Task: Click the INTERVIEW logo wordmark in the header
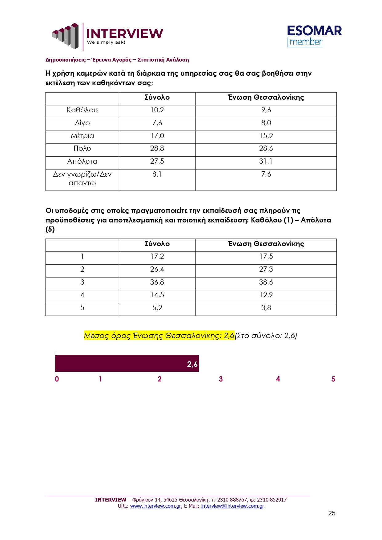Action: coord(124,34)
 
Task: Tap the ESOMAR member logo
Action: coord(314,36)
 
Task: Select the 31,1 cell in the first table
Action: coord(266,161)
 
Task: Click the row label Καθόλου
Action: coord(82,110)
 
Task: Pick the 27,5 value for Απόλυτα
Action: coord(157,161)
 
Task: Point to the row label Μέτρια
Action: coord(82,136)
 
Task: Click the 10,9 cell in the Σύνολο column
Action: coord(157,110)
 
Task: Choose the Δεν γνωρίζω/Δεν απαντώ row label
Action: coord(82,178)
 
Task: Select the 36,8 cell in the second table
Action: coord(157,282)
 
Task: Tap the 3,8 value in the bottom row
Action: coord(266,308)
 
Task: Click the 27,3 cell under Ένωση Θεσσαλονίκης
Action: coord(266,269)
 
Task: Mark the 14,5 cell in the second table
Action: coord(157,295)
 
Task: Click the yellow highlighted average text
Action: coord(159,335)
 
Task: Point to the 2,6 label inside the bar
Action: coord(192,364)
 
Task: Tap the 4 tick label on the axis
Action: coord(278,379)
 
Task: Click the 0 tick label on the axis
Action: coord(57,379)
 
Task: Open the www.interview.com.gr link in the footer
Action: coord(155,506)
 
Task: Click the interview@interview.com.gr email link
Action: coord(232,506)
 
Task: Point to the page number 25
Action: coord(332,513)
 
